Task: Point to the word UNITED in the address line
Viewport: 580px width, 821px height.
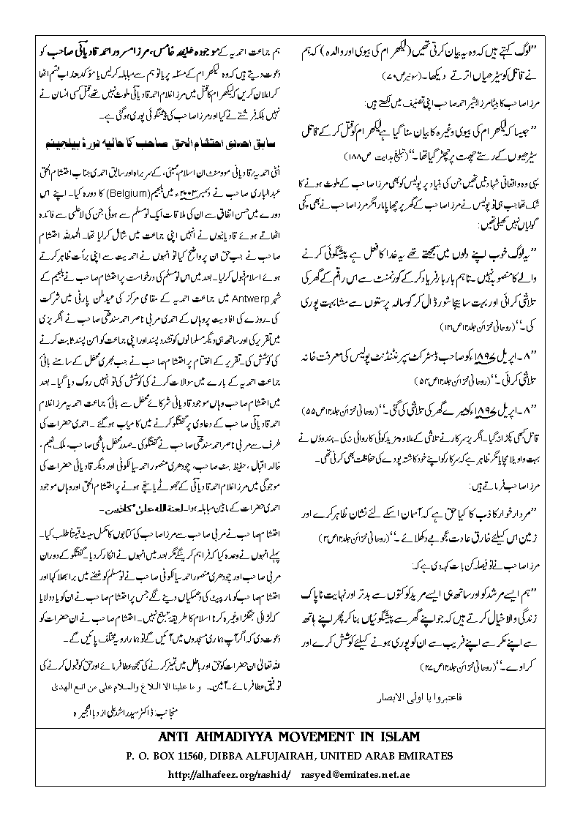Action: (x=341, y=754)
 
